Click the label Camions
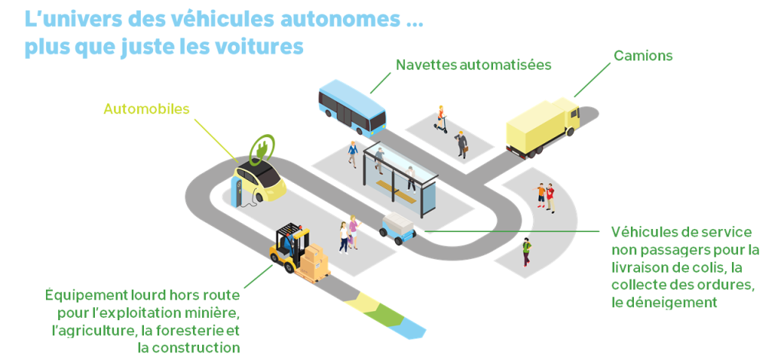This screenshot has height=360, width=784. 643,55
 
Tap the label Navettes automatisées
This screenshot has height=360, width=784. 473,65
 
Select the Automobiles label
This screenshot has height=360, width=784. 146,109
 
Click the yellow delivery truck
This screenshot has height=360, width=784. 543,127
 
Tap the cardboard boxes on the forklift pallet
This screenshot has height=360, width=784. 315,261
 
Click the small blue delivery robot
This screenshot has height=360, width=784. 398,228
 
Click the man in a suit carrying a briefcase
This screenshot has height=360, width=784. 462,145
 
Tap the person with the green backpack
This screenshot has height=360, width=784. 526,252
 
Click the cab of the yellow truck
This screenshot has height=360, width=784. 568,116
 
